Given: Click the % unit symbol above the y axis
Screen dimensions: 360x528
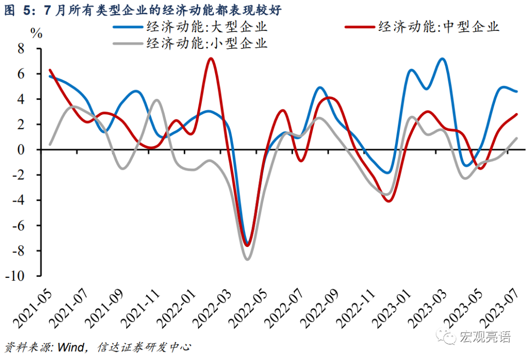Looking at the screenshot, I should pyautogui.click(x=36, y=33).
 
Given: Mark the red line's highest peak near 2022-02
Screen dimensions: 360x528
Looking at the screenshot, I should pyautogui.click(x=211, y=59).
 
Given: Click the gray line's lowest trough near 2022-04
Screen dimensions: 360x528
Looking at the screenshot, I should pyautogui.click(x=247, y=259).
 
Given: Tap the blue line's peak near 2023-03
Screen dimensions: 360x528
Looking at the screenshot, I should pyautogui.click(x=442, y=59).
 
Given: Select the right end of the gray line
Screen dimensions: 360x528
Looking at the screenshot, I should pyautogui.click(x=517, y=138).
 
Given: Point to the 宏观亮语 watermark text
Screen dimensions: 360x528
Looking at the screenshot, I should pyautogui.click(x=484, y=337).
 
